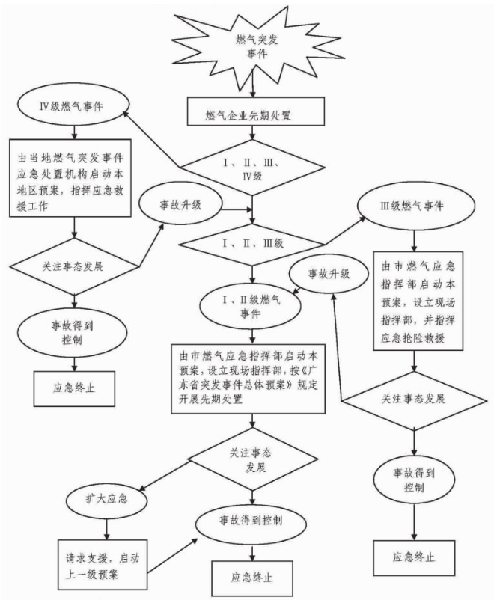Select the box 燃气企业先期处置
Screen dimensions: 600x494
[x=254, y=116]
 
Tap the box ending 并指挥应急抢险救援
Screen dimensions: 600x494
[x=416, y=296]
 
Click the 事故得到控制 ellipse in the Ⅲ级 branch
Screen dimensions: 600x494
[x=414, y=477]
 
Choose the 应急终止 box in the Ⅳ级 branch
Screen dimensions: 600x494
[x=74, y=388]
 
